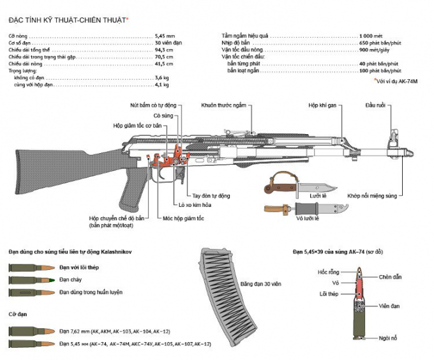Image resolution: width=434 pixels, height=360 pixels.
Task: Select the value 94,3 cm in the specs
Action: point(163,49)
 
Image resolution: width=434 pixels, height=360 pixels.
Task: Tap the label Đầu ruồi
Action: point(375,105)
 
